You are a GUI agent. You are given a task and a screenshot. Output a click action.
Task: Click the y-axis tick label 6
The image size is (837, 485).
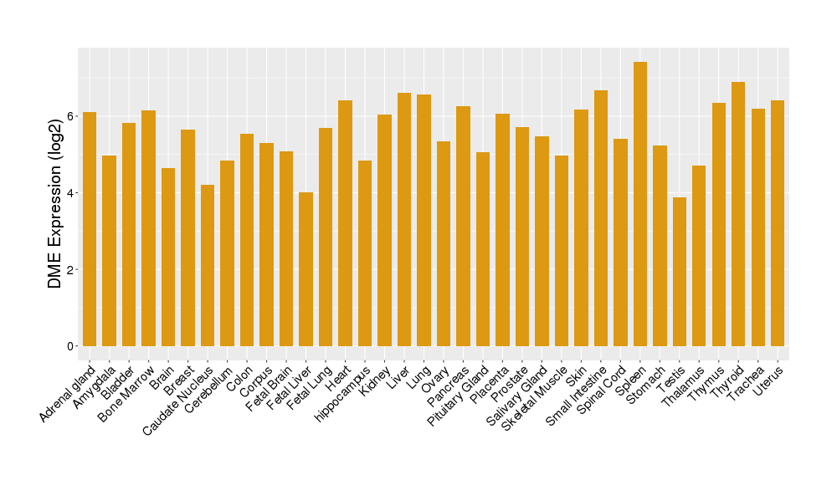pyautogui.click(x=72, y=116)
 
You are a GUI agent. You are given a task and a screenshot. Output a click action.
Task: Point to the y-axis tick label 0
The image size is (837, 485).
pyautogui.click(x=72, y=346)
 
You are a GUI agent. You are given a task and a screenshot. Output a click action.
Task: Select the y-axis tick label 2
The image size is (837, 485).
pyautogui.click(x=72, y=270)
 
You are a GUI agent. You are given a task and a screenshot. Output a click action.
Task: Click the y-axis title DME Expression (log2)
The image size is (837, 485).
pyautogui.click(x=55, y=204)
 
